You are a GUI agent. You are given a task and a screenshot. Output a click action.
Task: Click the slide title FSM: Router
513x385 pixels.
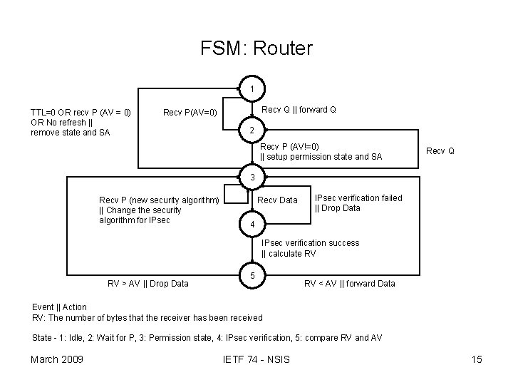256,48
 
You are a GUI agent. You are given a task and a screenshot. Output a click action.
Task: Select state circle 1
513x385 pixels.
252,88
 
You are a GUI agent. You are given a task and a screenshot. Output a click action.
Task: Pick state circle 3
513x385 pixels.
252,176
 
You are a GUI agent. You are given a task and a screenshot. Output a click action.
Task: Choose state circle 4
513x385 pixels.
252,225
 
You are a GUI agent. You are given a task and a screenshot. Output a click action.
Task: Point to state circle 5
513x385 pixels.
252,274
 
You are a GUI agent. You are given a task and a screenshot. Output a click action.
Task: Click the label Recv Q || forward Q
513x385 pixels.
299,110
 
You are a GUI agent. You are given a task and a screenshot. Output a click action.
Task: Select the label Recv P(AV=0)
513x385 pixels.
195,112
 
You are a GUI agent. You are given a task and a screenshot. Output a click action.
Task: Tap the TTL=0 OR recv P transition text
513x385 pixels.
80,122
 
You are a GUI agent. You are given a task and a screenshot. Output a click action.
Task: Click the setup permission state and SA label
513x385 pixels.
321,152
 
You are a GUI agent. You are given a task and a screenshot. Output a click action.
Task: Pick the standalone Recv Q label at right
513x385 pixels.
440,151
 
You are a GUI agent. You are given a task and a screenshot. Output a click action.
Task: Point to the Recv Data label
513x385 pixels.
277,200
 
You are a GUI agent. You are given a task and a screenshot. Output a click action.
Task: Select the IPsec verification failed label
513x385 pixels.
358,203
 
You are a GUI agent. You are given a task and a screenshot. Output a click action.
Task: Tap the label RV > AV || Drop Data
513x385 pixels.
147,284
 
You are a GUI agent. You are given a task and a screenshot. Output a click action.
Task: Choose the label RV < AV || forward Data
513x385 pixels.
349,284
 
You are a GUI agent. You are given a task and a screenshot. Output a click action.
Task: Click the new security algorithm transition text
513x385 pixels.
159,210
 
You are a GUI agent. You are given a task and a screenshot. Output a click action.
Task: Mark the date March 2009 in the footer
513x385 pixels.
57,359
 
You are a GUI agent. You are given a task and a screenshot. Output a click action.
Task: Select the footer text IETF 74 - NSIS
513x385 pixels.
256,359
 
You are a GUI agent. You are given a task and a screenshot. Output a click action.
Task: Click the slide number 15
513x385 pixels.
477,359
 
